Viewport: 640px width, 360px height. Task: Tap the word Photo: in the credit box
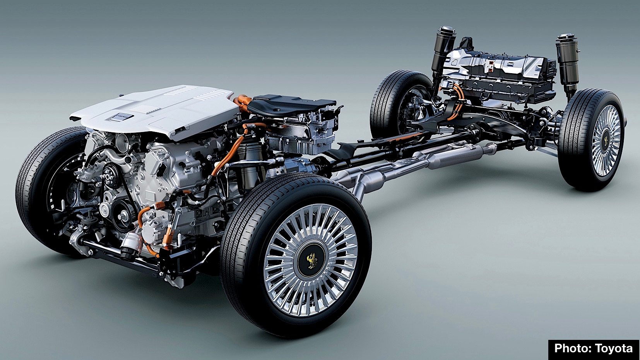point(573,348)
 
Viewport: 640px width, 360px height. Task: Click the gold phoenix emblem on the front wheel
point(311,260)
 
